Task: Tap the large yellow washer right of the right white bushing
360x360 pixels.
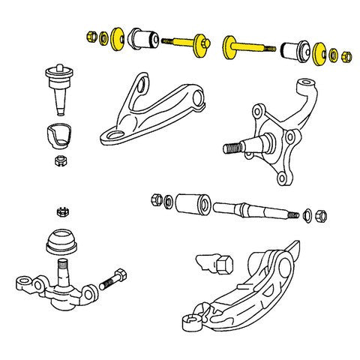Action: pyautogui.click(x=319, y=54)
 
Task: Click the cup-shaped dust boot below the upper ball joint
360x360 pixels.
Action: pyautogui.click(x=58, y=134)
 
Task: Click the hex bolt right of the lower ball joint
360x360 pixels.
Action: pyautogui.click(x=112, y=281)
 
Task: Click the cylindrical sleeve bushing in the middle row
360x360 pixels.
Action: pyautogui.click(x=192, y=203)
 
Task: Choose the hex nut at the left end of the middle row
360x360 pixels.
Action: pyautogui.click(x=157, y=199)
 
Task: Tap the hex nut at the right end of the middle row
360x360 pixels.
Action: pyautogui.click(x=322, y=216)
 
